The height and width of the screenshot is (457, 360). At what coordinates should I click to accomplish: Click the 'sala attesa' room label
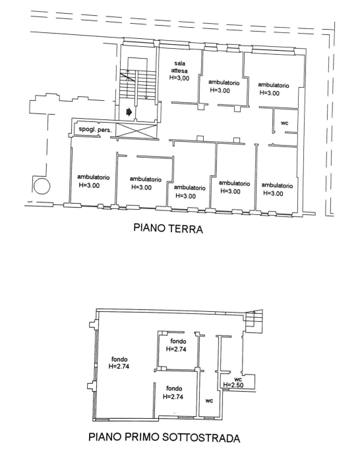click(x=179, y=67)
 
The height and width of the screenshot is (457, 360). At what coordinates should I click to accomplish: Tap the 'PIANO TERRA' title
click(x=168, y=228)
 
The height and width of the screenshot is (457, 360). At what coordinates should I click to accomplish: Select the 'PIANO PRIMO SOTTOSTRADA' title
click(x=164, y=437)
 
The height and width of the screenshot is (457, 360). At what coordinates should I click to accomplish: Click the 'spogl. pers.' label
click(x=95, y=129)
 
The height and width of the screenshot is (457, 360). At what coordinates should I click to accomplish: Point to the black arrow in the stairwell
click(x=129, y=112)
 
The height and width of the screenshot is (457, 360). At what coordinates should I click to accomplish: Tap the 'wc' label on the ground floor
click(x=284, y=123)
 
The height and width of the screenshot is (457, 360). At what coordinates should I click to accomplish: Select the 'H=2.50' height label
click(x=233, y=385)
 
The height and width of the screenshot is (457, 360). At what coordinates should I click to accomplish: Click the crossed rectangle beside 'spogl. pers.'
click(x=136, y=130)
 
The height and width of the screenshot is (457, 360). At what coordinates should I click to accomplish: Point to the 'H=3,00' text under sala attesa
click(x=179, y=78)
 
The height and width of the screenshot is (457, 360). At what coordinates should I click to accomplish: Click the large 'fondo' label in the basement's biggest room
click(x=119, y=359)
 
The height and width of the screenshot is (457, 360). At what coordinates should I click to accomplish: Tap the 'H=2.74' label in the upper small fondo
click(x=176, y=349)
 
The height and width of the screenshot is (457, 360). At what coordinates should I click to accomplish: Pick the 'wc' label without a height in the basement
click(x=209, y=401)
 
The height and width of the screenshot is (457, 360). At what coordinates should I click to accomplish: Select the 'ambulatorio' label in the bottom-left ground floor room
click(x=93, y=177)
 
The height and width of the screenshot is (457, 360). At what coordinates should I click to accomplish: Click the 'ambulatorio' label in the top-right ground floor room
click(x=274, y=85)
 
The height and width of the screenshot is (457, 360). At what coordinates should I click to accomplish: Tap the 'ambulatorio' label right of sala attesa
click(x=224, y=82)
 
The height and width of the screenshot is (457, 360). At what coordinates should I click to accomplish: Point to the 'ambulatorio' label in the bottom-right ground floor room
click(x=277, y=185)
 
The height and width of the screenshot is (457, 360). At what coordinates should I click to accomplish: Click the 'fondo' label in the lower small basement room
click(x=174, y=388)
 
